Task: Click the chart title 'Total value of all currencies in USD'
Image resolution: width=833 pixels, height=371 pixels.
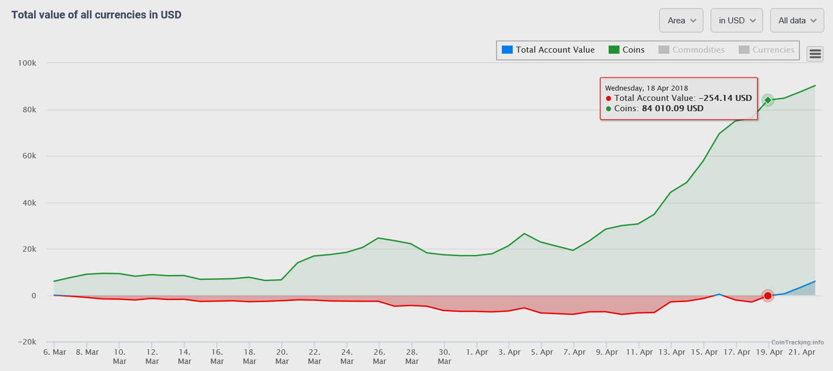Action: pyautogui.click(x=96, y=15)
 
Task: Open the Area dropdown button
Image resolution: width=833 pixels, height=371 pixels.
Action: pyautogui.click(x=681, y=21)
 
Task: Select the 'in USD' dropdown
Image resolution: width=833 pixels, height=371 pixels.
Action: pyautogui.click(x=736, y=21)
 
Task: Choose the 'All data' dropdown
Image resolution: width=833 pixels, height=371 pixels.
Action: pyautogui.click(x=797, y=21)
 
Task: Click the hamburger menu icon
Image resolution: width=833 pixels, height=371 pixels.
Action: pyautogui.click(x=815, y=54)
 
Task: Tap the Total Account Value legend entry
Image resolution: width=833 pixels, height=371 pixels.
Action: pyautogui.click(x=548, y=50)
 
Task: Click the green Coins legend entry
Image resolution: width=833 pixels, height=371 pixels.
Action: pyautogui.click(x=627, y=50)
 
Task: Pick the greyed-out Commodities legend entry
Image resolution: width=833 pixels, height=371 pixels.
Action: pyautogui.click(x=692, y=50)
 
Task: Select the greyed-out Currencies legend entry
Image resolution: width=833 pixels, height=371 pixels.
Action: pyautogui.click(x=766, y=50)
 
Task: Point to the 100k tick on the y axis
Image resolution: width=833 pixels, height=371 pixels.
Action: pyautogui.click(x=27, y=63)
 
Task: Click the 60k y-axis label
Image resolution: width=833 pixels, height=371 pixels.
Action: pyautogui.click(x=28, y=156)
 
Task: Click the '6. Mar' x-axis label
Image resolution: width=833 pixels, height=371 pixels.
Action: pyautogui.click(x=54, y=352)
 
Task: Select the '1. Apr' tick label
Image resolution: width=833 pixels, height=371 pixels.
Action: pyautogui.click(x=476, y=352)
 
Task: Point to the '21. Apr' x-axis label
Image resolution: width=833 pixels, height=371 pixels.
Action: pyautogui.click(x=801, y=352)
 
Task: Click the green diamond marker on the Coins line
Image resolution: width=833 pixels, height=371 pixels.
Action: pyautogui.click(x=767, y=100)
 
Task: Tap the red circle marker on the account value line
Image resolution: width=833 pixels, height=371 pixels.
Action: pyautogui.click(x=767, y=296)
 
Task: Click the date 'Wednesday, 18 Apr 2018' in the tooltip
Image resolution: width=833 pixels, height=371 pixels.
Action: pyautogui.click(x=646, y=88)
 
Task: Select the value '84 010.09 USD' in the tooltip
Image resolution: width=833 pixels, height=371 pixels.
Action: pyautogui.click(x=673, y=108)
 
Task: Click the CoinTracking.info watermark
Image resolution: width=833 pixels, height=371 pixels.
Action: pyautogui.click(x=797, y=342)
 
